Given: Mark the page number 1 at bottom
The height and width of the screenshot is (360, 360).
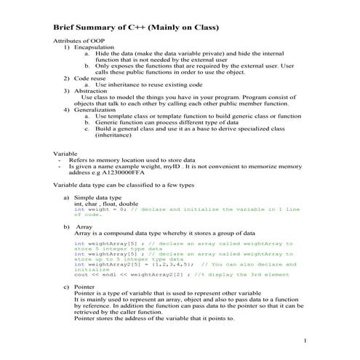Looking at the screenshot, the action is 306,341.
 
